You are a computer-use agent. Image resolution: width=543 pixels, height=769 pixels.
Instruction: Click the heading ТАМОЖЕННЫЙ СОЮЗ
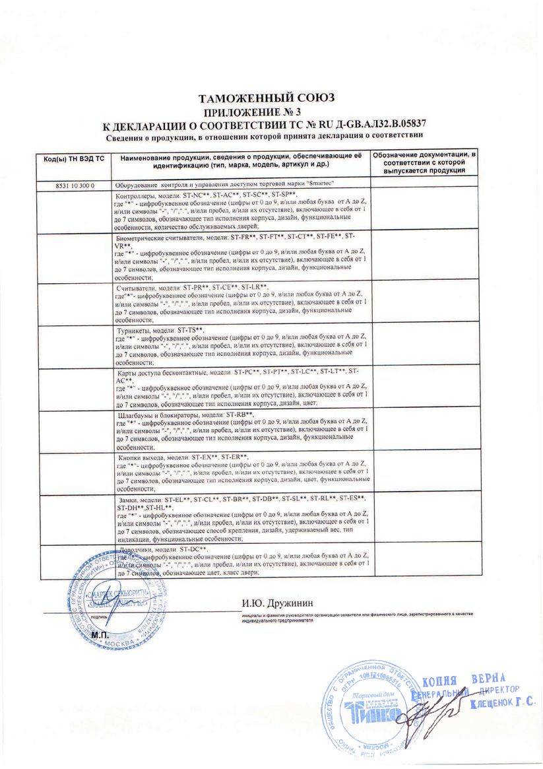(267, 98)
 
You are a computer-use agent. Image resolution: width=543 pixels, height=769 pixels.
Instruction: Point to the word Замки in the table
(127, 500)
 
